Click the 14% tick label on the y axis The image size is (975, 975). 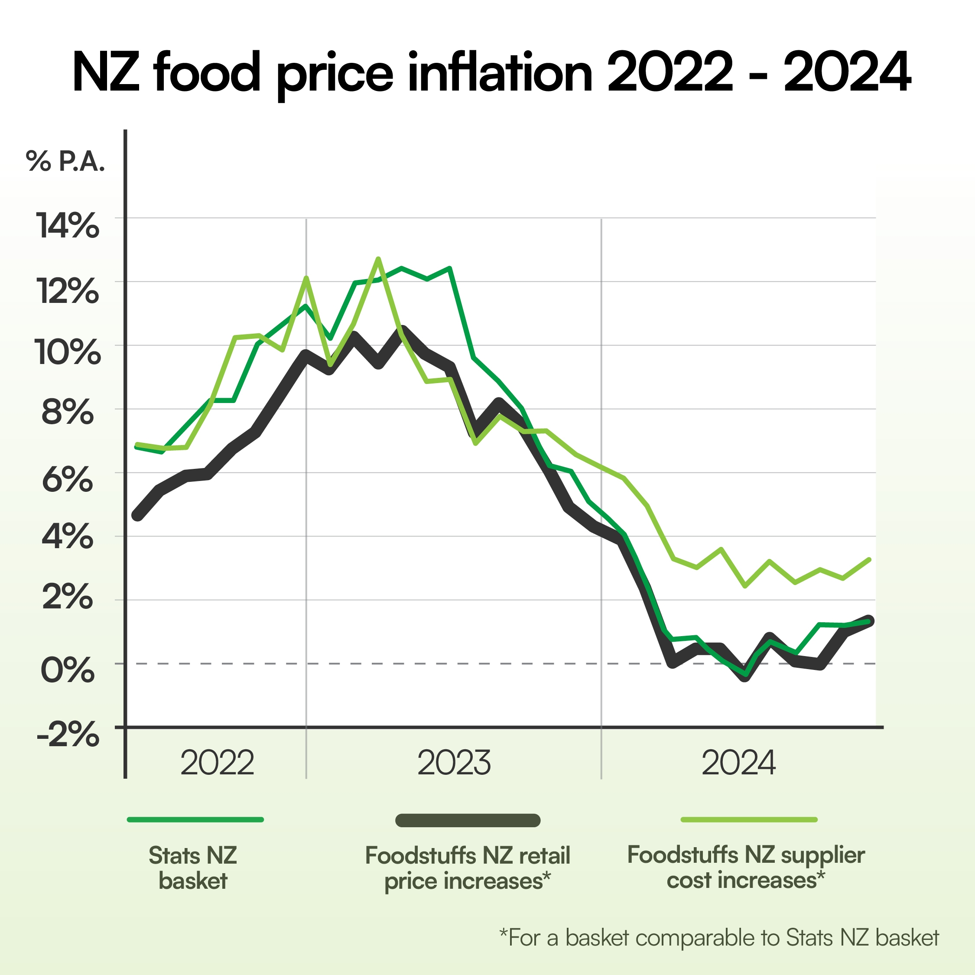pos(67,226)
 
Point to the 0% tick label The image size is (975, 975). pos(67,671)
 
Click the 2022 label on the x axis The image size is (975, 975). pos(217,763)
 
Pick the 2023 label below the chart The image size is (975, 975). pos(454,763)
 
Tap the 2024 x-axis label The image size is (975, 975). pos(738,763)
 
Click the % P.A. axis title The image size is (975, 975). pos(65,162)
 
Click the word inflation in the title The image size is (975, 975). pos(500,73)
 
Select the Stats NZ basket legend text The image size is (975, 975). pos(193,868)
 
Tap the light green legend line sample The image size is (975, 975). pos(749,819)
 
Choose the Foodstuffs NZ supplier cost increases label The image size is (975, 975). pos(746,868)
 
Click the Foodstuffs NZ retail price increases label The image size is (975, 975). pos(468,868)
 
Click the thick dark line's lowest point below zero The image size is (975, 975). pos(745,677)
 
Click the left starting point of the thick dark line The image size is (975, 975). pos(137,516)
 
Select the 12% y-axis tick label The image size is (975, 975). pos(67,291)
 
